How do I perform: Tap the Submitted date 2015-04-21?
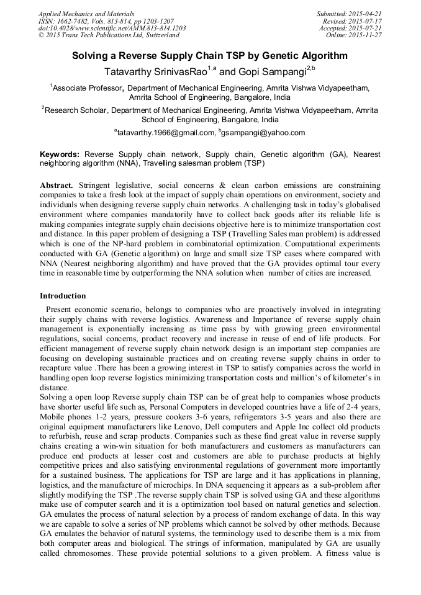pyautogui.click(x=367, y=14)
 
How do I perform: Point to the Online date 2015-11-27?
pyautogui.click(x=367, y=35)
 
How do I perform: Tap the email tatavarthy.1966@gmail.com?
pyautogui.click(x=165, y=132)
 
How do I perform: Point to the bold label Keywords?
pyautogui.click(x=60, y=154)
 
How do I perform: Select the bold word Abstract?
pyautogui.click(x=57, y=186)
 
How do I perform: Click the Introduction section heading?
pyautogui.click(x=63, y=296)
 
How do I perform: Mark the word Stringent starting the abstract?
pyautogui.click(x=98, y=186)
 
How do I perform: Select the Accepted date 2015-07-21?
pyautogui.click(x=367, y=28)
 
